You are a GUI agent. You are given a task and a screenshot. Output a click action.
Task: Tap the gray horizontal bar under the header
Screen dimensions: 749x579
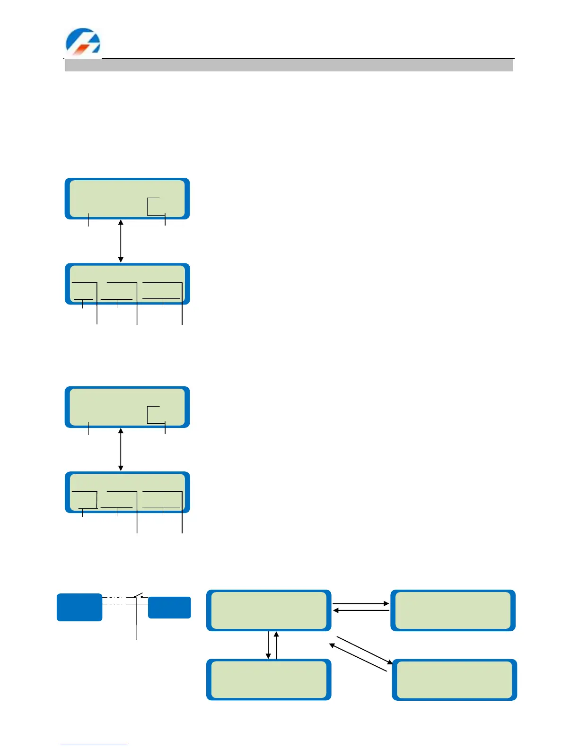tap(289, 65)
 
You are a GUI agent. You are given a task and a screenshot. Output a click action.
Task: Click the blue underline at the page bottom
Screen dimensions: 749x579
tap(93, 745)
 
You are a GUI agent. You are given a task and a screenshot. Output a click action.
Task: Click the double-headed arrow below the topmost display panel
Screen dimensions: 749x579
tap(121, 241)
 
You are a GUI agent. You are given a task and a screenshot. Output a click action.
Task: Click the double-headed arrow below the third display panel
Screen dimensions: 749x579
tap(121, 450)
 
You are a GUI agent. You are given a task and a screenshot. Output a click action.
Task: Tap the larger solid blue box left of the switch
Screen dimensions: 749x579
tap(79, 607)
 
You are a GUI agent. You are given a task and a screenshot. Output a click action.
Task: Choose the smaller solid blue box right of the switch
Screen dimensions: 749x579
tap(169, 608)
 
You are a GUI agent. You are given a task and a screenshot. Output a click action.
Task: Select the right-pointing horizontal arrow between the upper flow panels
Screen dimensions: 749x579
tap(360, 603)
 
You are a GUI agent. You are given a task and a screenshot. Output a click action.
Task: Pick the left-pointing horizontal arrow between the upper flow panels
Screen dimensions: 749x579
tap(360, 610)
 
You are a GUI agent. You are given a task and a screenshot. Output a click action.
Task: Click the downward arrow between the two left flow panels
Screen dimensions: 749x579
tap(268, 645)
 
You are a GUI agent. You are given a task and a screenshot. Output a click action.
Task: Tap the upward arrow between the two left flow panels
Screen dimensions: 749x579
tap(276, 645)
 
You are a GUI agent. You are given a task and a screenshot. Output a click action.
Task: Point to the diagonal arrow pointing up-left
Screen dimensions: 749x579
tap(358, 657)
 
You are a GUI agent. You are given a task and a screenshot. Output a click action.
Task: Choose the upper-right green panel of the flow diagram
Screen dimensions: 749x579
tap(453, 610)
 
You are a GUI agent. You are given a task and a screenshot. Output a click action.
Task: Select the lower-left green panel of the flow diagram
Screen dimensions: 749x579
tap(269, 679)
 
